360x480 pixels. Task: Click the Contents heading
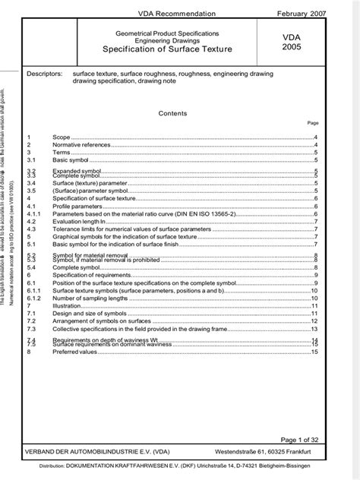pos(172,112)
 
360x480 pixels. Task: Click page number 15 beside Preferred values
pos(314,352)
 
